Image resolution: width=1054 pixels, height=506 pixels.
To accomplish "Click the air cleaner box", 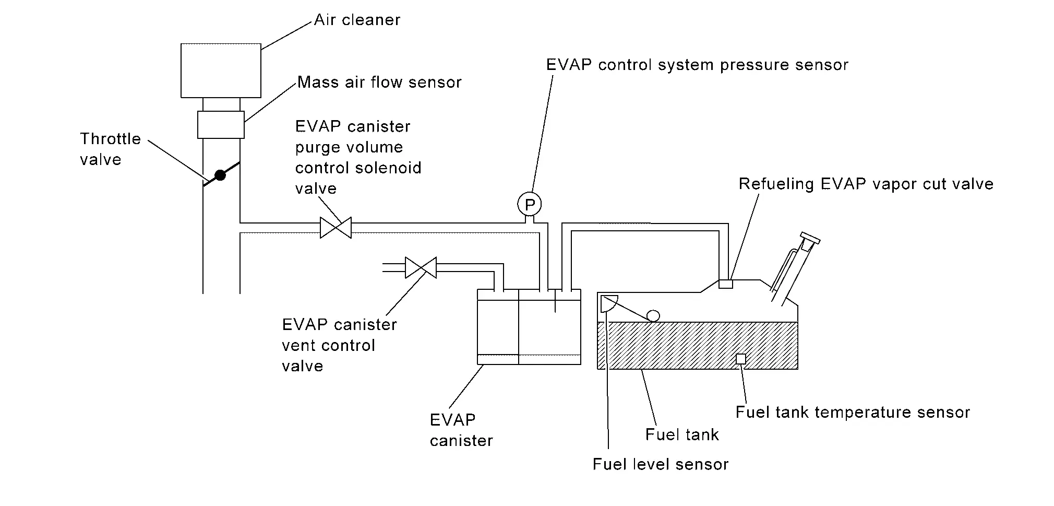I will (x=221, y=70).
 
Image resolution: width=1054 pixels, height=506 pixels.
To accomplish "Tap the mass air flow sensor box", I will (x=221, y=125).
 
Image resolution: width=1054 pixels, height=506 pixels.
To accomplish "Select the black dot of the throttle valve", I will (x=220, y=175).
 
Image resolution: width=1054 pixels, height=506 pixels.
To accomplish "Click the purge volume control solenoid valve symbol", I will (x=336, y=228).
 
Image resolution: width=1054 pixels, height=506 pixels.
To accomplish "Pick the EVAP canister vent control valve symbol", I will (x=421, y=267).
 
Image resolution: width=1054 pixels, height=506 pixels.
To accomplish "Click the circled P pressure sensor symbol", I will (x=530, y=204).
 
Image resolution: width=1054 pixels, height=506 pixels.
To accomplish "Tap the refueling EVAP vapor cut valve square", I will (x=726, y=284).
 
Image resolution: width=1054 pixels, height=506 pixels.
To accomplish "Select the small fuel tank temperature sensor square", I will (x=740, y=359).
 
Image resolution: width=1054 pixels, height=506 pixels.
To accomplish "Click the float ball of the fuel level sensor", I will (x=653, y=315).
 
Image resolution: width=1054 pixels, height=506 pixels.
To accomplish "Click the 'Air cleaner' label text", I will (x=357, y=20).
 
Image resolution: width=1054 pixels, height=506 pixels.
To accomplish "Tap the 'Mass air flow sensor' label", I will (x=379, y=83).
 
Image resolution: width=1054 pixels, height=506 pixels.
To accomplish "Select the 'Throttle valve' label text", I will (x=110, y=149).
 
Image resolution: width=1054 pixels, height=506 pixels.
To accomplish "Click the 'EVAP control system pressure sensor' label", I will (x=697, y=65).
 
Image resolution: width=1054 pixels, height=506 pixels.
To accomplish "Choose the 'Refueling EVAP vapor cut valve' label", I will (x=866, y=184).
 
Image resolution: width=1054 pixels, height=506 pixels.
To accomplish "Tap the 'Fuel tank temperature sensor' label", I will (x=853, y=413).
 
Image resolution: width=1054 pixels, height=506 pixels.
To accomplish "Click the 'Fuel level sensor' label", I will (x=660, y=465).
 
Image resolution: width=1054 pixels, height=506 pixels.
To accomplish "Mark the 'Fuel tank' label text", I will (x=682, y=435).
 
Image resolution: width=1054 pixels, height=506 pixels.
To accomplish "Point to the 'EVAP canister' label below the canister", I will (x=461, y=430).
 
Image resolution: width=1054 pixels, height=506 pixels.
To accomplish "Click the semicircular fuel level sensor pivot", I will (x=608, y=303).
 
